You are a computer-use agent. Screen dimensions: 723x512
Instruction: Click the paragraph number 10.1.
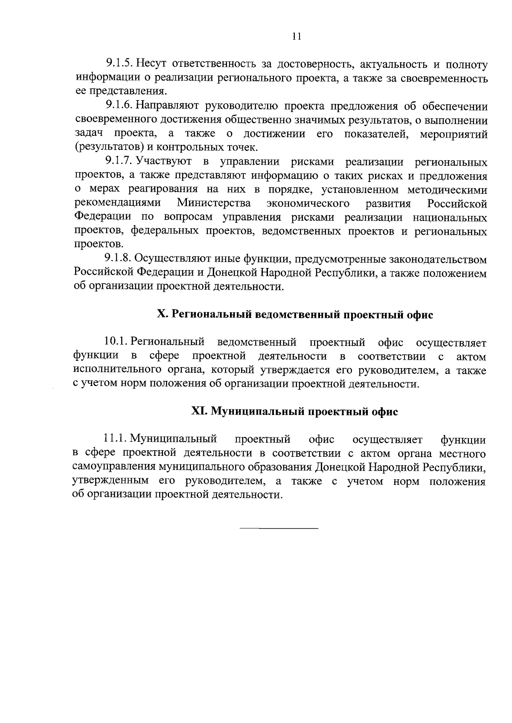(x=116, y=342)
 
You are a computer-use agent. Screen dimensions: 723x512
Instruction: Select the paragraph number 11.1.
(x=115, y=439)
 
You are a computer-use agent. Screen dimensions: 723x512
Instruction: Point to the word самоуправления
(x=113, y=467)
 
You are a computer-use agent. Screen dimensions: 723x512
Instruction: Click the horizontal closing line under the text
(x=279, y=529)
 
